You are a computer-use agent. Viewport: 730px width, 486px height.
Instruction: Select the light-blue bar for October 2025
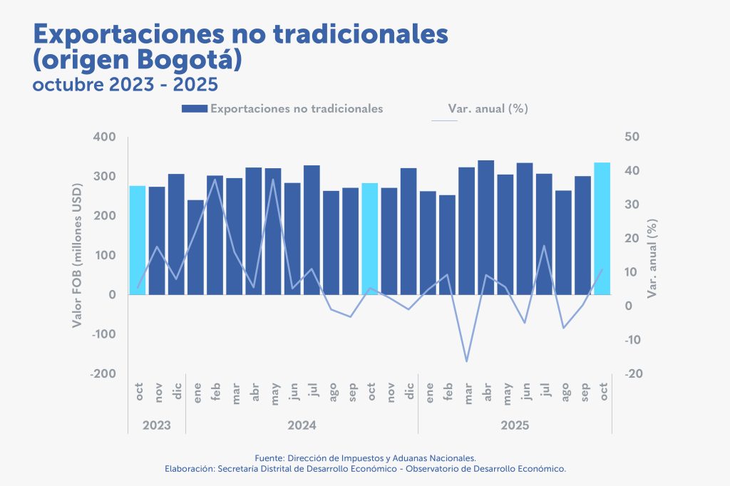coord(602,228)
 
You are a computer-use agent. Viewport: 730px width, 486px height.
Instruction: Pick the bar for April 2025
coord(486,227)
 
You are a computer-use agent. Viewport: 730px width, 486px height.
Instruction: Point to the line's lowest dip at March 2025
coord(467,361)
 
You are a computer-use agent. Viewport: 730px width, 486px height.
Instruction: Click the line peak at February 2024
coord(215,179)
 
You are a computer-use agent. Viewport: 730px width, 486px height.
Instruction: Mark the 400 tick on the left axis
coord(105,137)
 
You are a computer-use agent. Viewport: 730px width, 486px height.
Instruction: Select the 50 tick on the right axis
coord(633,137)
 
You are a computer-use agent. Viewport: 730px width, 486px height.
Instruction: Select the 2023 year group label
coord(157,425)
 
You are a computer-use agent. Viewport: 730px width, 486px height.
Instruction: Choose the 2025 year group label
coord(515,425)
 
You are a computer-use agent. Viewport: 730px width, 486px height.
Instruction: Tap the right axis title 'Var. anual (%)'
coord(652,259)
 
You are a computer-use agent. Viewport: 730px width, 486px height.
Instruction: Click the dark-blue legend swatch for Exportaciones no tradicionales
coord(195,109)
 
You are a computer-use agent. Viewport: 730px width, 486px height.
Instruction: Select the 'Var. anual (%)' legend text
coord(488,109)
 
